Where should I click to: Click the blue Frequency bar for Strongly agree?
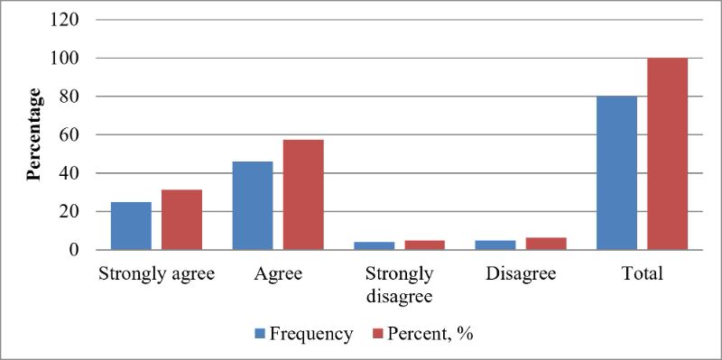pyautogui.click(x=131, y=226)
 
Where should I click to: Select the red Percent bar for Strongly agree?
pyautogui.click(x=182, y=219)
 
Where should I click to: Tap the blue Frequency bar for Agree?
pyautogui.click(x=253, y=206)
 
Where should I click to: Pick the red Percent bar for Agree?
pyautogui.click(x=303, y=195)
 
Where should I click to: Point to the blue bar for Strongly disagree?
pyautogui.click(x=375, y=245)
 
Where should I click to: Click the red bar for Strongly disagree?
pyautogui.click(x=424, y=245)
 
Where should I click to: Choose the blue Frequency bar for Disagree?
pyautogui.click(x=495, y=245)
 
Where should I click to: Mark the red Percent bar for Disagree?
pyautogui.click(x=546, y=244)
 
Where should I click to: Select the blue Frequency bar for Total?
pyautogui.click(x=616, y=173)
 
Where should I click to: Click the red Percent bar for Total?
pyautogui.click(x=667, y=153)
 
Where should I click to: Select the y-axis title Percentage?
pyautogui.click(x=33, y=134)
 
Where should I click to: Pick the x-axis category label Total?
pyautogui.click(x=642, y=274)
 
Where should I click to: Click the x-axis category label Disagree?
pyautogui.click(x=521, y=274)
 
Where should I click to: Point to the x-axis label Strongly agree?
pyautogui.click(x=156, y=274)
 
